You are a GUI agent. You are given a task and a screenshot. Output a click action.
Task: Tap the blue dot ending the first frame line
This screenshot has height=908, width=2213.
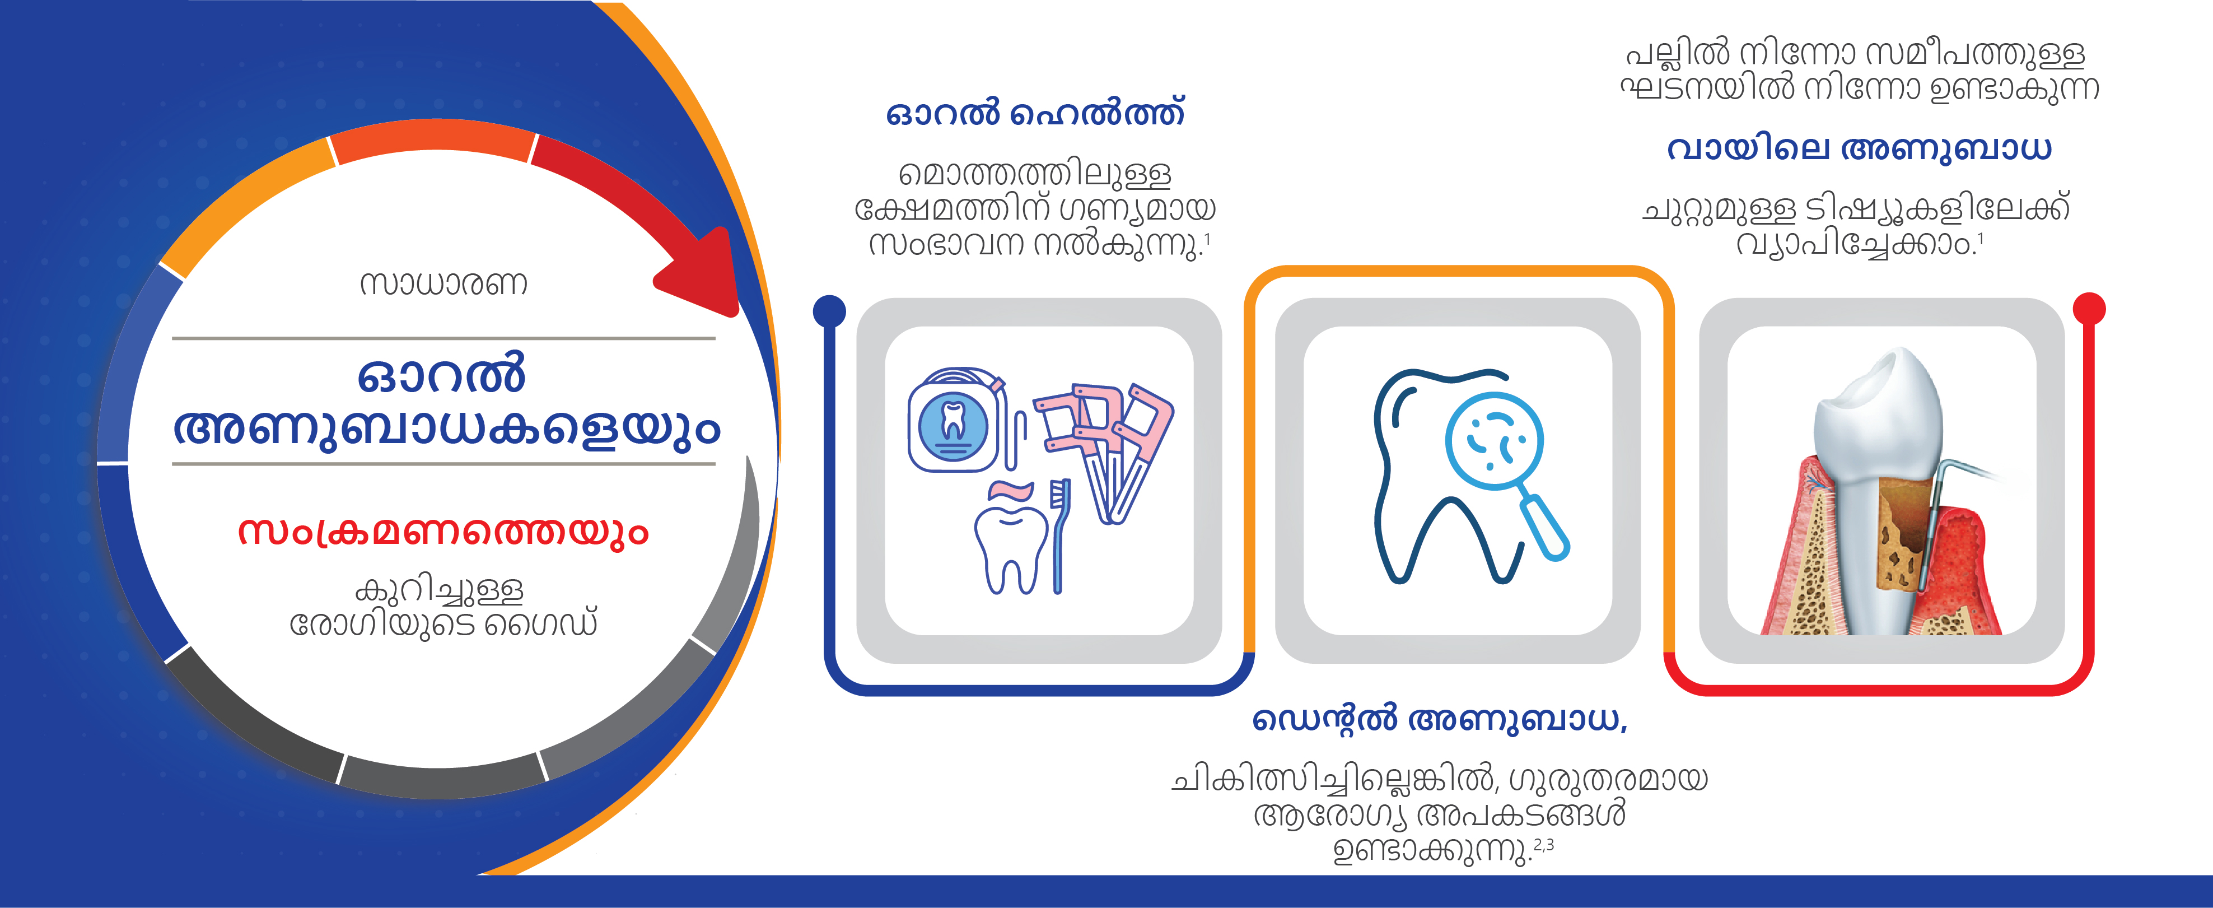(x=829, y=311)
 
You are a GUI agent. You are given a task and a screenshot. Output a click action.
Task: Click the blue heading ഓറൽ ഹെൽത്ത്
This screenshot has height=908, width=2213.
(x=1035, y=113)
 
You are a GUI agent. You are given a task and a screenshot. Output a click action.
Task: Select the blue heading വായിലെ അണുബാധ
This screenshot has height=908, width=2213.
(x=1859, y=148)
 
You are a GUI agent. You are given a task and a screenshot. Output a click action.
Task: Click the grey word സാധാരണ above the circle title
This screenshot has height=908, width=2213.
(x=443, y=283)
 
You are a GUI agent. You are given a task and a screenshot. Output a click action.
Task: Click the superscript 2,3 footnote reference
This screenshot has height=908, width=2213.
(x=1544, y=845)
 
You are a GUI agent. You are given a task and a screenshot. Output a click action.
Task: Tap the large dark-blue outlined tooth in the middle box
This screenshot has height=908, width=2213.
(x=1443, y=477)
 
